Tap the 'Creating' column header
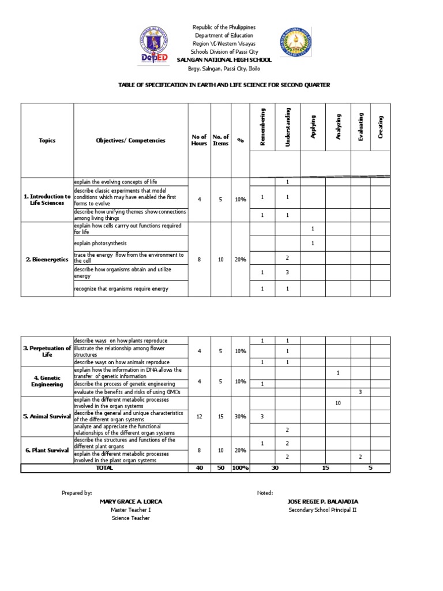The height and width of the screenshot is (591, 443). point(380,126)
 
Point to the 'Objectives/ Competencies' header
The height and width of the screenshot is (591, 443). point(130,140)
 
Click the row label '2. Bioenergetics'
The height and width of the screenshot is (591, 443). point(47,260)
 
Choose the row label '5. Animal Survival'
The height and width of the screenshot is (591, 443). point(47,416)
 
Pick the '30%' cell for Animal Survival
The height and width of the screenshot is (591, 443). point(240,416)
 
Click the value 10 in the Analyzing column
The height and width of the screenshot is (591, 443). point(338,403)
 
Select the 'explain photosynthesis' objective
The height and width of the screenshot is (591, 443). point(100,244)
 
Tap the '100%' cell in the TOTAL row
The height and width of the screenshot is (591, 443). point(240,468)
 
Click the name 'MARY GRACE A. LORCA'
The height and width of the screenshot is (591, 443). point(131,502)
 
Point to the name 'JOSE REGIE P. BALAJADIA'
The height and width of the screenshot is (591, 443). point(323,502)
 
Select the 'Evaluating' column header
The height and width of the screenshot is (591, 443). point(361,126)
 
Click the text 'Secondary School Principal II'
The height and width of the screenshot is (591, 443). point(323,510)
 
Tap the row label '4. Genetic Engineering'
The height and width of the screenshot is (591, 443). point(47,381)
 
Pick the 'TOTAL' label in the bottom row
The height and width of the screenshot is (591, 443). point(104,468)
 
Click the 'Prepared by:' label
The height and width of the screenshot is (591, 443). point(77,493)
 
